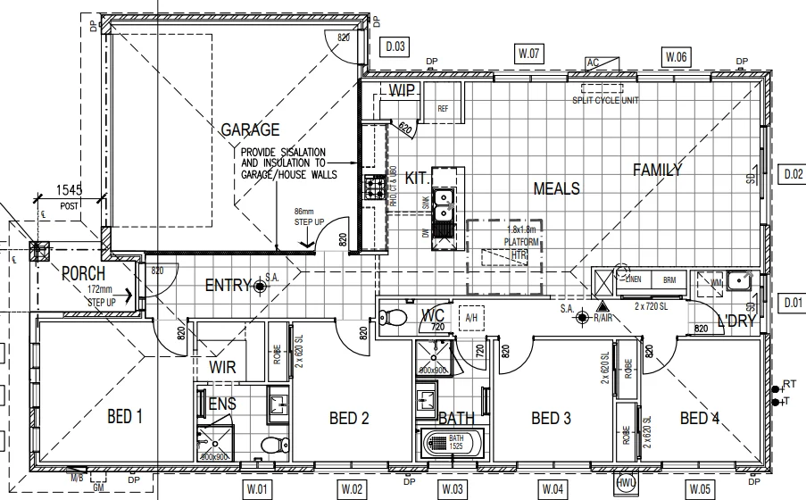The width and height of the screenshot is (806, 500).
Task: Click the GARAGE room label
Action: click(x=251, y=130)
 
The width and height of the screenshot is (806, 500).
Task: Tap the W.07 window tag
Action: click(x=530, y=54)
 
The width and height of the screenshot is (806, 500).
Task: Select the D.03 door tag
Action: click(x=395, y=46)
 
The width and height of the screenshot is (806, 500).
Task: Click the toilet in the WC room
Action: click(x=393, y=317)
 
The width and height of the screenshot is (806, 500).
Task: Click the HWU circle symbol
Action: click(x=626, y=483)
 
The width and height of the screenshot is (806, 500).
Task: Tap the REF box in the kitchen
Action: click(x=443, y=108)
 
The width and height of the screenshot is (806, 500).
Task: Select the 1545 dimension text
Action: click(x=70, y=189)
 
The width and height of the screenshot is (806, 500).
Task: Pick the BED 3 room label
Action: click(x=551, y=418)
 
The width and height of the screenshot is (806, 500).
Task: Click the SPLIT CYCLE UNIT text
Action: click(x=606, y=101)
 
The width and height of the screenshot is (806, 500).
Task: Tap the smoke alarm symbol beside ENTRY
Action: click(x=260, y=286)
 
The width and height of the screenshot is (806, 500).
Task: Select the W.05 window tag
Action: click(x=701, y=488)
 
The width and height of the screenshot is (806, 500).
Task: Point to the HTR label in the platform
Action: click(x=519, y=255)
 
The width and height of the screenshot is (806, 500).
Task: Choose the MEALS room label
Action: click(x=556, y=188)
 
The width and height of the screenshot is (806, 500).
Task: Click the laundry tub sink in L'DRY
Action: click(x=739, y=282)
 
